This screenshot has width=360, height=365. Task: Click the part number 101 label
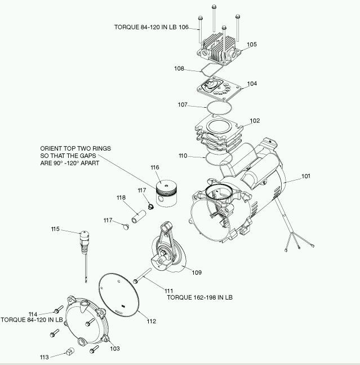[x=305, y=176]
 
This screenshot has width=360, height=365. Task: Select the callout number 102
[x=255, y=121]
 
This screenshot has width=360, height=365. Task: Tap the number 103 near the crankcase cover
[x=114, y=349]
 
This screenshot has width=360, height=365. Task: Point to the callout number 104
[x=252, y=83]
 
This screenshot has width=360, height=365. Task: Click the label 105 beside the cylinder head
[x=251, y=44]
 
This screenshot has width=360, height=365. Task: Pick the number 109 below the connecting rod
[x=197, y=272]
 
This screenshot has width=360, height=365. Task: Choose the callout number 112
[x=151, y=322]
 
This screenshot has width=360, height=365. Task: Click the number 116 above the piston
[x=155, y=168]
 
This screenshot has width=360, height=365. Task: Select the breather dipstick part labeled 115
[x=84, y=243]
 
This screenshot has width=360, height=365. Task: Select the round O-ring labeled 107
[x=220, y=107]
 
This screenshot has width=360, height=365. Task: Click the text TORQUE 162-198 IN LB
[x=199, y=297]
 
